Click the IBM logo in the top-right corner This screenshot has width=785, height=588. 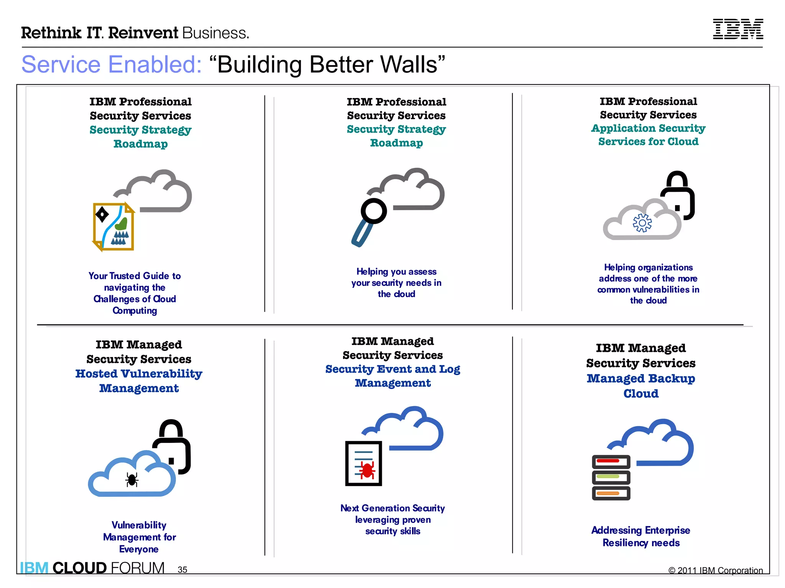(738, 29)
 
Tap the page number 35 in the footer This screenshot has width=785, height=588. (182, 570)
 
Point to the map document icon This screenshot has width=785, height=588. (113, 227)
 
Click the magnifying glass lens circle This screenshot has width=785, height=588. (374, 211)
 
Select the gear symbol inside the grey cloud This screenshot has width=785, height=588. (642, 223)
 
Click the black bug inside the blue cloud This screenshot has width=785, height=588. (132, 480)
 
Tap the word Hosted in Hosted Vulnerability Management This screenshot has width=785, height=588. (96, 374)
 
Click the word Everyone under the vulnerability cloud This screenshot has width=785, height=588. (139, 549)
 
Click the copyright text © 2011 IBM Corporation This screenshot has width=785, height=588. (715, 570)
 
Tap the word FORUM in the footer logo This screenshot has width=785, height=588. (138, 568)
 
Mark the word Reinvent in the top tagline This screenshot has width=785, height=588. (143, 33)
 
